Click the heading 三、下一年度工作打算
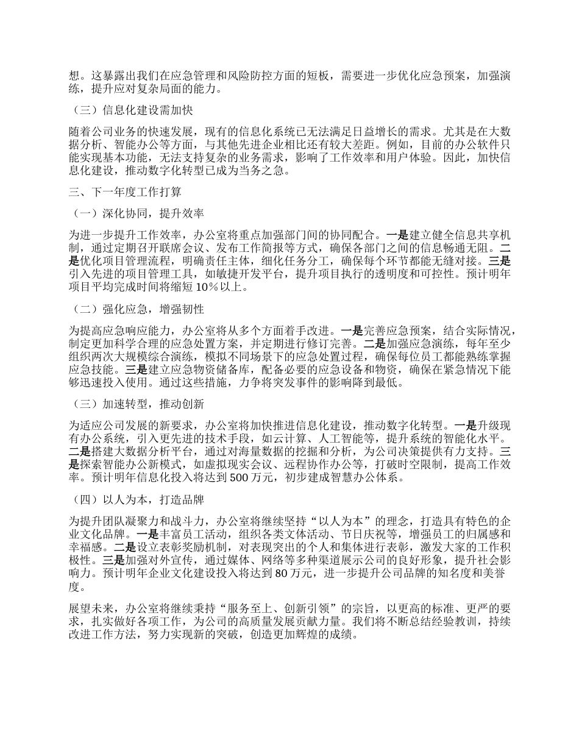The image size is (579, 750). pos(124,193)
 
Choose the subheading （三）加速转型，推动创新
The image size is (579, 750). pos(137,404)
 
